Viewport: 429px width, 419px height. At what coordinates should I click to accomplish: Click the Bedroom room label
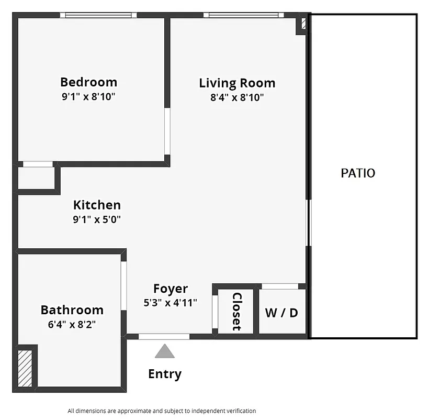pos(88,82)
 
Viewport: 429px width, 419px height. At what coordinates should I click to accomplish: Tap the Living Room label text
pos(237,83)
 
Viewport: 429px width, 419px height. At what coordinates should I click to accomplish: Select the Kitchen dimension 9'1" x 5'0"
pos(97,219)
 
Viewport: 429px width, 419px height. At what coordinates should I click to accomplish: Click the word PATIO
pos(358,173)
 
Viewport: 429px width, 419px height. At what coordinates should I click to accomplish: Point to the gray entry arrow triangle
pos(164,351)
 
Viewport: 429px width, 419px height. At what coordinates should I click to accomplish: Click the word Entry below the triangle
pos(165,374)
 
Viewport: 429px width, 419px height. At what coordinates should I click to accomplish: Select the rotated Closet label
pos(236,311)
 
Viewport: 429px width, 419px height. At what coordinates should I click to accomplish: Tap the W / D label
pos(281,313)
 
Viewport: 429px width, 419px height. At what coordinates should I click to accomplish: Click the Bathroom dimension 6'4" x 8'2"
pos(72,324)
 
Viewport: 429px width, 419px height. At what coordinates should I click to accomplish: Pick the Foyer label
pos(171,289)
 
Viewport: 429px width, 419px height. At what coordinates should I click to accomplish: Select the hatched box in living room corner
pos(303,25)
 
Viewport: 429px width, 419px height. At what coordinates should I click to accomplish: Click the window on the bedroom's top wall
pos(98,15)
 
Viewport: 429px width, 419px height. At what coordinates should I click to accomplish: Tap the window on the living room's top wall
pos(244,15)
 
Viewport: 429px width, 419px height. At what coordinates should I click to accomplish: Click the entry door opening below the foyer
pos(164,336)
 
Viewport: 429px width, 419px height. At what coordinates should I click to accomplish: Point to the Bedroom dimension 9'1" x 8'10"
pos(88,96)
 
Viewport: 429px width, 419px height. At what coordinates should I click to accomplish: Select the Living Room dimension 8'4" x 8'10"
pos(237,97)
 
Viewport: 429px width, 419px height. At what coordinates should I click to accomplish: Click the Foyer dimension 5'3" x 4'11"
pos(171,302)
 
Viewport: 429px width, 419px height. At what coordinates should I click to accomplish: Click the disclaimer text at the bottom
pos(162,411)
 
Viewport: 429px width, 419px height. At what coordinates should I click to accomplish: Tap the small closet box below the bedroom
pos(36,178)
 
